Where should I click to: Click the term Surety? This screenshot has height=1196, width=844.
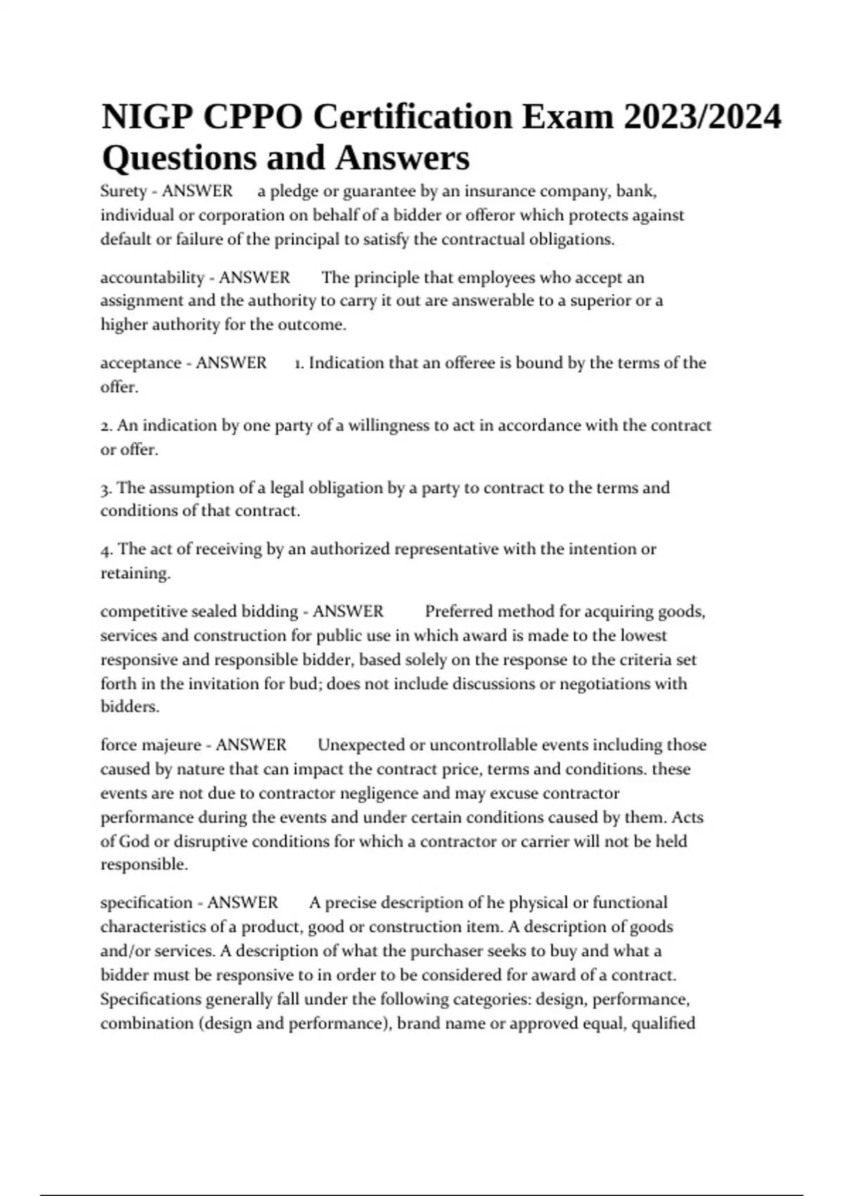(123, 191)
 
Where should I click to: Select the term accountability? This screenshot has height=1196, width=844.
(152, 278)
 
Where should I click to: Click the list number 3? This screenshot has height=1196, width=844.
(105, 488)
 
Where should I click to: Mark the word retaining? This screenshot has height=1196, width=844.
(135, 573)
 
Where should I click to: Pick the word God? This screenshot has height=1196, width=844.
(134, 841)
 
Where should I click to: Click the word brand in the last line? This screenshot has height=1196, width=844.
(419, 1024)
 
